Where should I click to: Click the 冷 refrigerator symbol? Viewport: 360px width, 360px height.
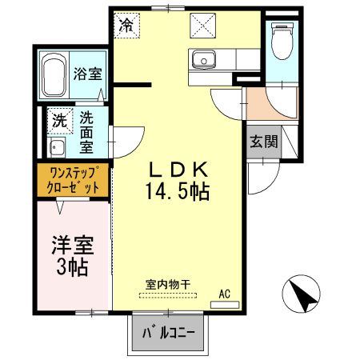pyautogui.click(x=127, y=24)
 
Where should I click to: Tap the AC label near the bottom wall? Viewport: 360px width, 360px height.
pyautogui.click(x=226, y=294)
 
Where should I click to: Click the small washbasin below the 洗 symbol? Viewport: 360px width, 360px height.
pyautogui.click(x=58, y=148)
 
